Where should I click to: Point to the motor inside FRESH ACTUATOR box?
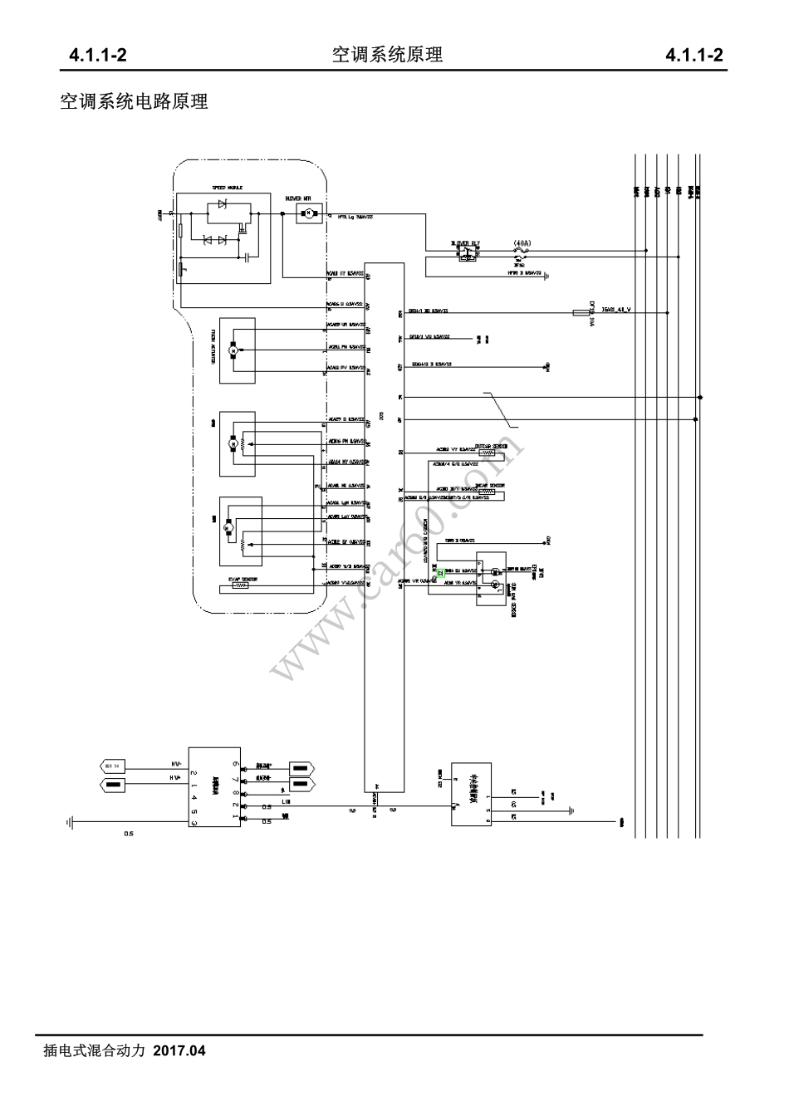(233, 351)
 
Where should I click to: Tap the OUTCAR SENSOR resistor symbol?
(488, 453)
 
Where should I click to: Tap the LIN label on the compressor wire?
(287, 802)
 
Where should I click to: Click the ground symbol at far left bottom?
(70, 822)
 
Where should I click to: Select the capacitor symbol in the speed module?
(247, 258)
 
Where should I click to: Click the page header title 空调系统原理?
(386, 55)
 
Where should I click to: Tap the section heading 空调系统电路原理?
(134, 102)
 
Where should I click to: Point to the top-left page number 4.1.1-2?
(97, 56)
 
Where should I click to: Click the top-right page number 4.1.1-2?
(694, 56)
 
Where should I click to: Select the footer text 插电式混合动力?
(94, 1051)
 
